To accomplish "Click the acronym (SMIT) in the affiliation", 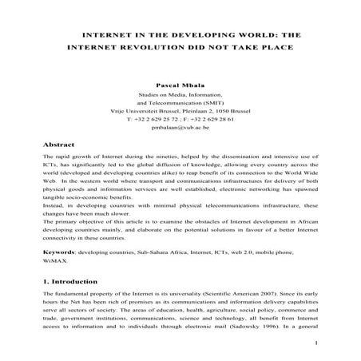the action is tap(211, 103).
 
